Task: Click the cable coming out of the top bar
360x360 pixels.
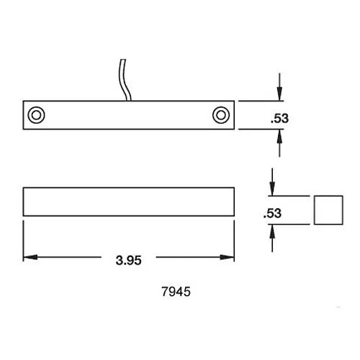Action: [x=123, y=79]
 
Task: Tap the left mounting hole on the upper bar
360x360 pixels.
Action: [x=35, y=114]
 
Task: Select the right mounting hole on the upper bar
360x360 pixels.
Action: [x=220, y=114]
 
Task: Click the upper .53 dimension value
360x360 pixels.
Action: [x=279, y=120]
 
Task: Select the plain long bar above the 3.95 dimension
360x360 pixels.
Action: [x=129, y=201]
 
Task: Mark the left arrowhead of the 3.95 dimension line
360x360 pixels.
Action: [x=29, y=257]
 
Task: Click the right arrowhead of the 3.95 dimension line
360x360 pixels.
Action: [x=230, y=257]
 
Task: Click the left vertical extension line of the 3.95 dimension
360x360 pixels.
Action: [x=24, y=241]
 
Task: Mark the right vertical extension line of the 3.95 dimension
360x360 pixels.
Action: [x=235, y=241]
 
